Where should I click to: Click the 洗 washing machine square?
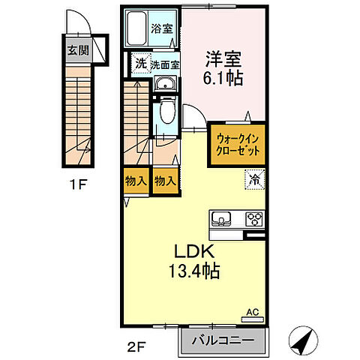[140, 64]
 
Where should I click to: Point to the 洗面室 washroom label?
[165, 65]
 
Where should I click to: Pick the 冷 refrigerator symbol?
[254, 180]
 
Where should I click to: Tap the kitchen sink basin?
[222, 220]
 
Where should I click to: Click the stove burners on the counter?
[253, 220]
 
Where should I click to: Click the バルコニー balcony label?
[221, 342]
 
